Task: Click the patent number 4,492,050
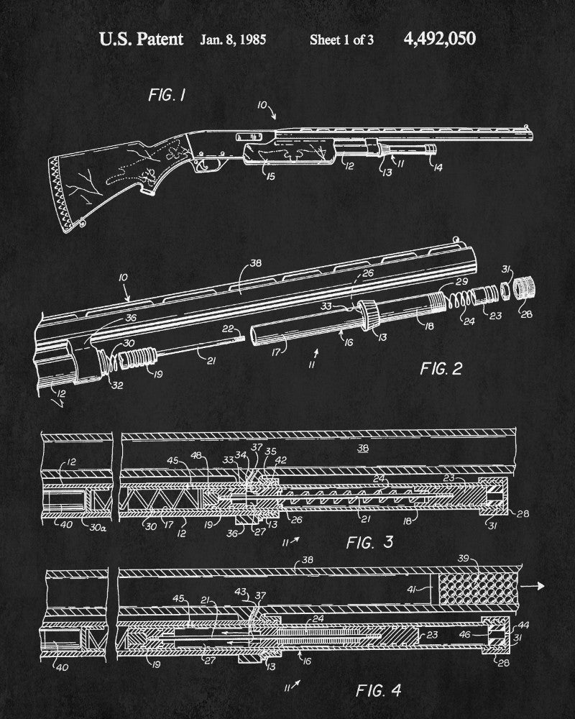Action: click(440, 38)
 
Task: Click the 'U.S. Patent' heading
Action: click(141, 39)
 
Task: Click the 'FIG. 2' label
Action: click(441, 369)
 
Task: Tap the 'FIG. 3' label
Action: click(371, 541)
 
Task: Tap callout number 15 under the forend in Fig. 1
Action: click(270, 175)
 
